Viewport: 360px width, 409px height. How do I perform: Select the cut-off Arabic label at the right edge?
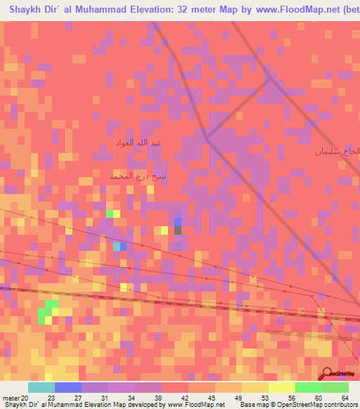(x=337, y=151)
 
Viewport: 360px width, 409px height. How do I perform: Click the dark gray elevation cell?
(x=178, y=230)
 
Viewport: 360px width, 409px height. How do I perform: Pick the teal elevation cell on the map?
(x=117, y=246)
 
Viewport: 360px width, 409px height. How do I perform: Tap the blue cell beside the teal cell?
(x=124, y=246)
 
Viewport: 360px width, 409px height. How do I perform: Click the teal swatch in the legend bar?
(x=41, y=387)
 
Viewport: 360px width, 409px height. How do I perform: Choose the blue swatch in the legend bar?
(x=68, y=387)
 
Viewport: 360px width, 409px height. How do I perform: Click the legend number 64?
(x=344, y=397)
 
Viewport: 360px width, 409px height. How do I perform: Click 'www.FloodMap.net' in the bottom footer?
(x=196, y=404)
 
